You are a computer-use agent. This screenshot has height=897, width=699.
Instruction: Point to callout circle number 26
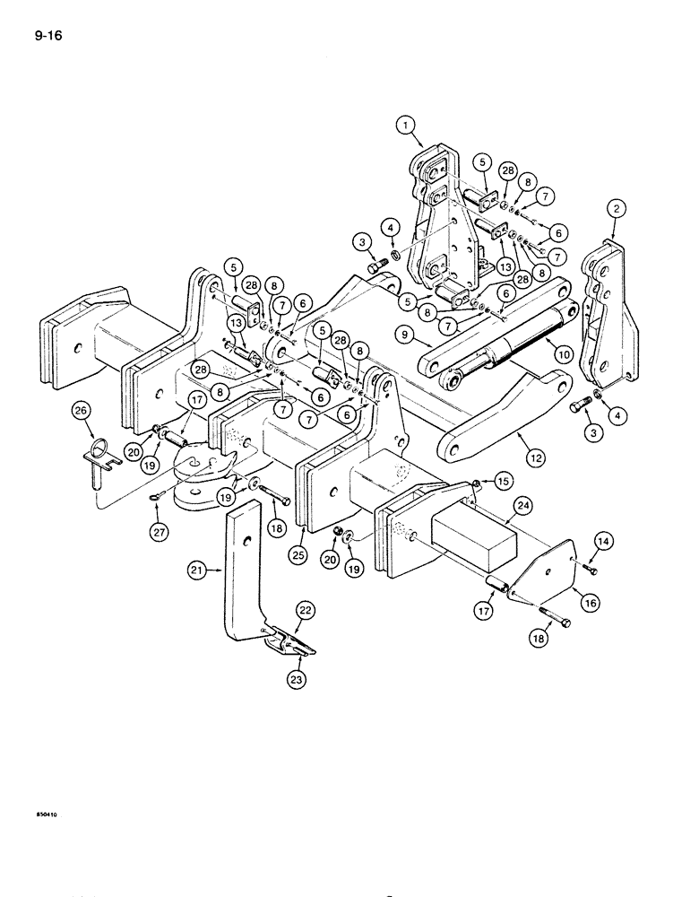click(x=82, y=412)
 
